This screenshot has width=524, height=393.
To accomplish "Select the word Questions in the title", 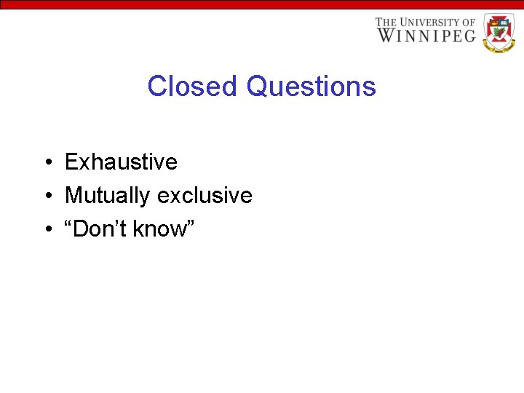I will click(311, 87).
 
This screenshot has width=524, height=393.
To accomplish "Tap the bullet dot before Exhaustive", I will click(46, 162).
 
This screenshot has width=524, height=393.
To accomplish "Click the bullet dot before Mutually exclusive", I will click(46, 196).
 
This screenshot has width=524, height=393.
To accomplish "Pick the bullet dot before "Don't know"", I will click(46, 229).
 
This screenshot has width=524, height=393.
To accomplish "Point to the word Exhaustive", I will click(121, 162).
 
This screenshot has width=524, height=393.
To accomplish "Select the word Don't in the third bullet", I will click(104, 229).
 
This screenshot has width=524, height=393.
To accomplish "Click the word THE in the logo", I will click(386, 23).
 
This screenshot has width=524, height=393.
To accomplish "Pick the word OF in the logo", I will click(469, 23).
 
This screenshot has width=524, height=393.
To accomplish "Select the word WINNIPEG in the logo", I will click(426, 35).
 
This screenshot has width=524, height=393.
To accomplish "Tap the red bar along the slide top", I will click(262, 4).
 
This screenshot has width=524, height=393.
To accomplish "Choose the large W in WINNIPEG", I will click(385, 35).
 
